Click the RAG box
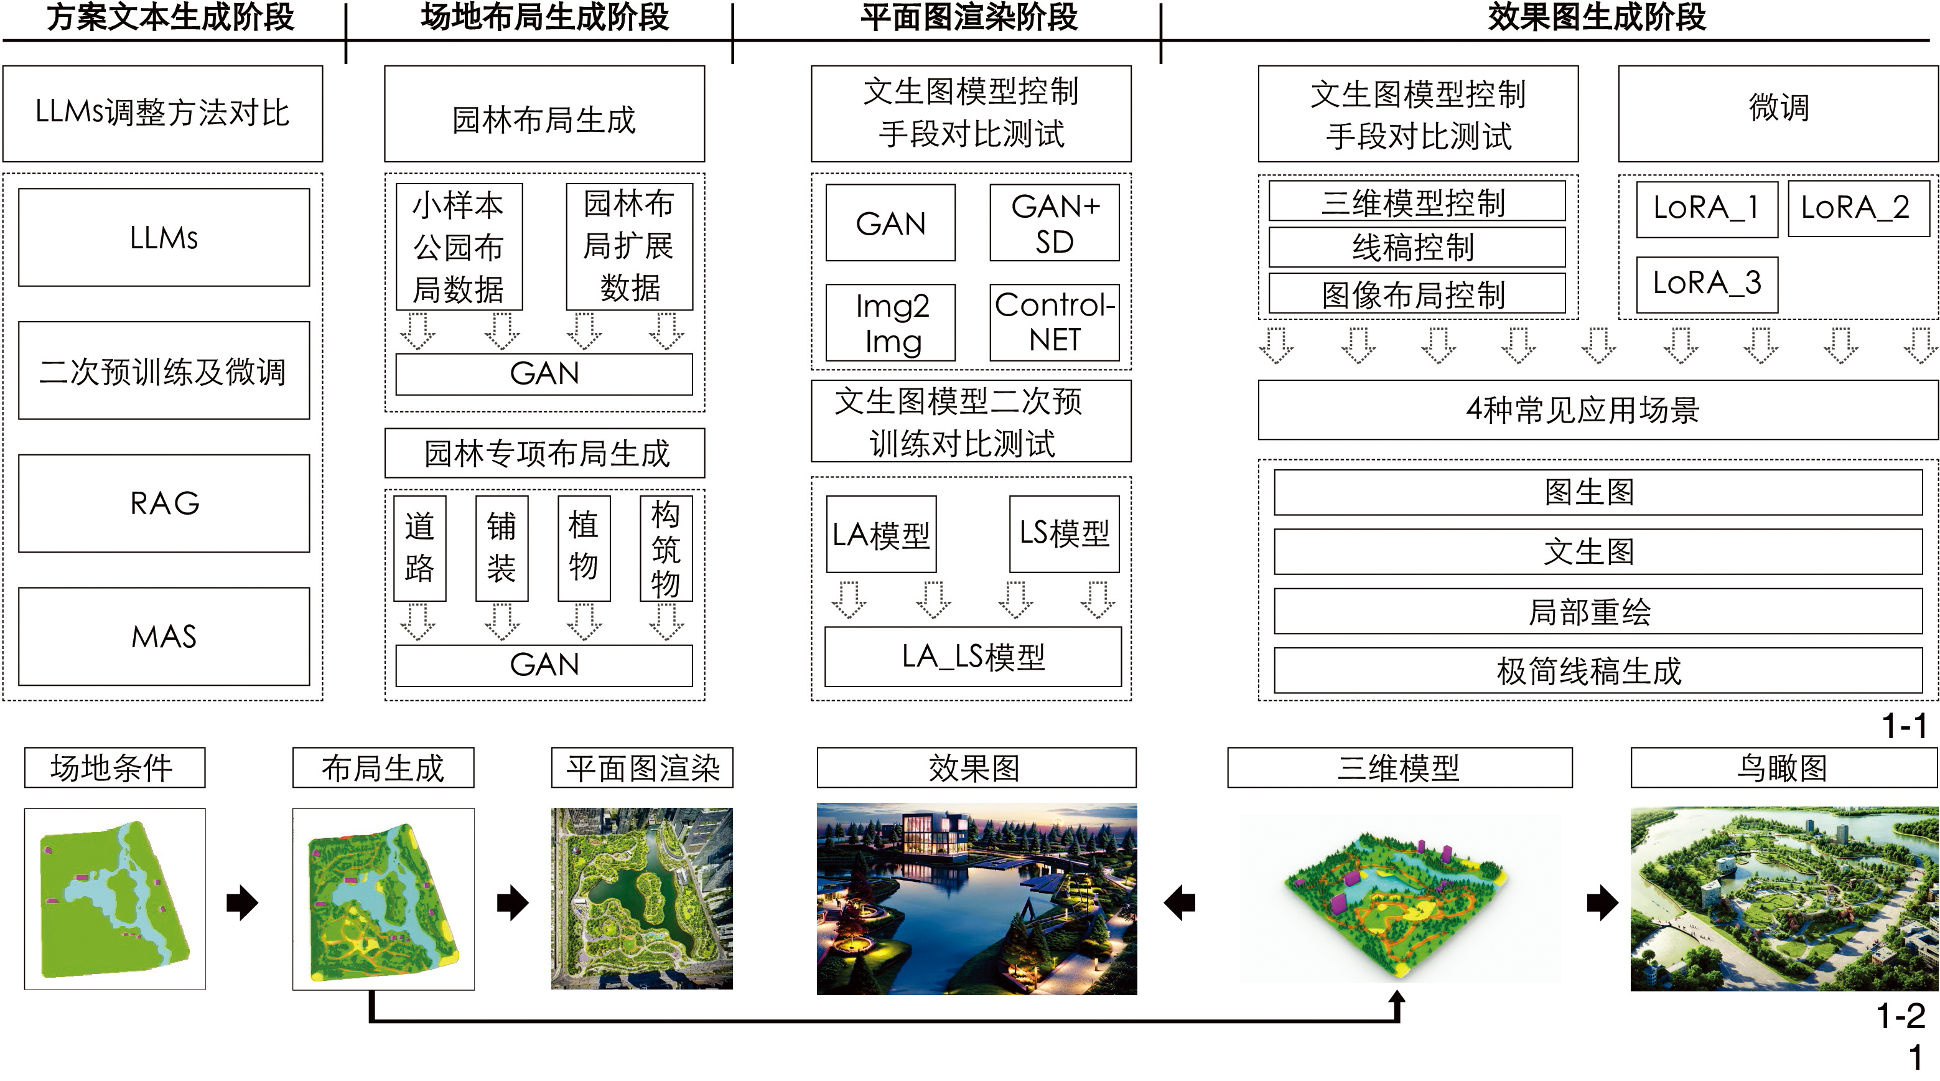point(164,502)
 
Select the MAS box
point(164,636)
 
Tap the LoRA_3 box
point(1707,284)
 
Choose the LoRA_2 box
point(1855,208)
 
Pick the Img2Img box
point(890,322)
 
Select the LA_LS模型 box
point(972,656)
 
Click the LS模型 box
point(1063,533)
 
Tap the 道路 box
point(419,548)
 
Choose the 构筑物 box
point(665,548)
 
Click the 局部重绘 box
point(1597,611)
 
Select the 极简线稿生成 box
point(1597,670)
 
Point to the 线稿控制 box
point(1416,247)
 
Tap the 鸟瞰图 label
point(1783,767)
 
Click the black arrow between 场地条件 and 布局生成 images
point(243,902)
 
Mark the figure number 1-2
point(1900,1016)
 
